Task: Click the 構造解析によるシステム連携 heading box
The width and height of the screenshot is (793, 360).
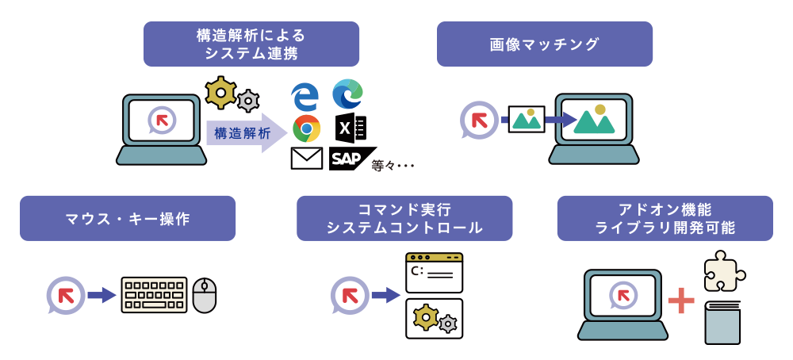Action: click(x=251, y=44)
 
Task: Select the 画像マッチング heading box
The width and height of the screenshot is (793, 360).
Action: click(x=544, y=44)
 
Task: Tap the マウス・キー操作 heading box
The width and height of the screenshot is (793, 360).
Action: click(x=127, y=219)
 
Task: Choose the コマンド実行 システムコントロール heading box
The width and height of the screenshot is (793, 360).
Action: click(x=404, y=219)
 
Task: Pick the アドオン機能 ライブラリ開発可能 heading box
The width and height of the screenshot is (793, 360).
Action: click(x=665, y=219)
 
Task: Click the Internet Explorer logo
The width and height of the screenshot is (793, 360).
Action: click(x=305, y=96)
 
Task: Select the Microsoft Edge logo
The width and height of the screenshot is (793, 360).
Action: click(x=347, y=94)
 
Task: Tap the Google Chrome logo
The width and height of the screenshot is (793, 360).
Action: click(x=306, y=128)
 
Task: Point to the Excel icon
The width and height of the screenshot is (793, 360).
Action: click(x=349, y=128)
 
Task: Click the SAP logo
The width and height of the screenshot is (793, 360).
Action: click(x=351, y=159)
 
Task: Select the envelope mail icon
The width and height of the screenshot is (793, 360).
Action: click(x=306, y=159)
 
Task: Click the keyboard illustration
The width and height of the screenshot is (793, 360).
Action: click(x=154, y=295)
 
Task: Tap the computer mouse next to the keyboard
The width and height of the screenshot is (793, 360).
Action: click(x=205, y=295)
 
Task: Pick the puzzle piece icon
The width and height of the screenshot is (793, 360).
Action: click(x=722, y=270)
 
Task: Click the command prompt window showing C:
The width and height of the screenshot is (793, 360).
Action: click(x=434, y=272)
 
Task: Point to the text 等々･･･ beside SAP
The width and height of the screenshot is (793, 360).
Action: click(x=393, y=165)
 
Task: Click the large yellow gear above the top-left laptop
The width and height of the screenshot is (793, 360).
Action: click(x=220, y=93)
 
